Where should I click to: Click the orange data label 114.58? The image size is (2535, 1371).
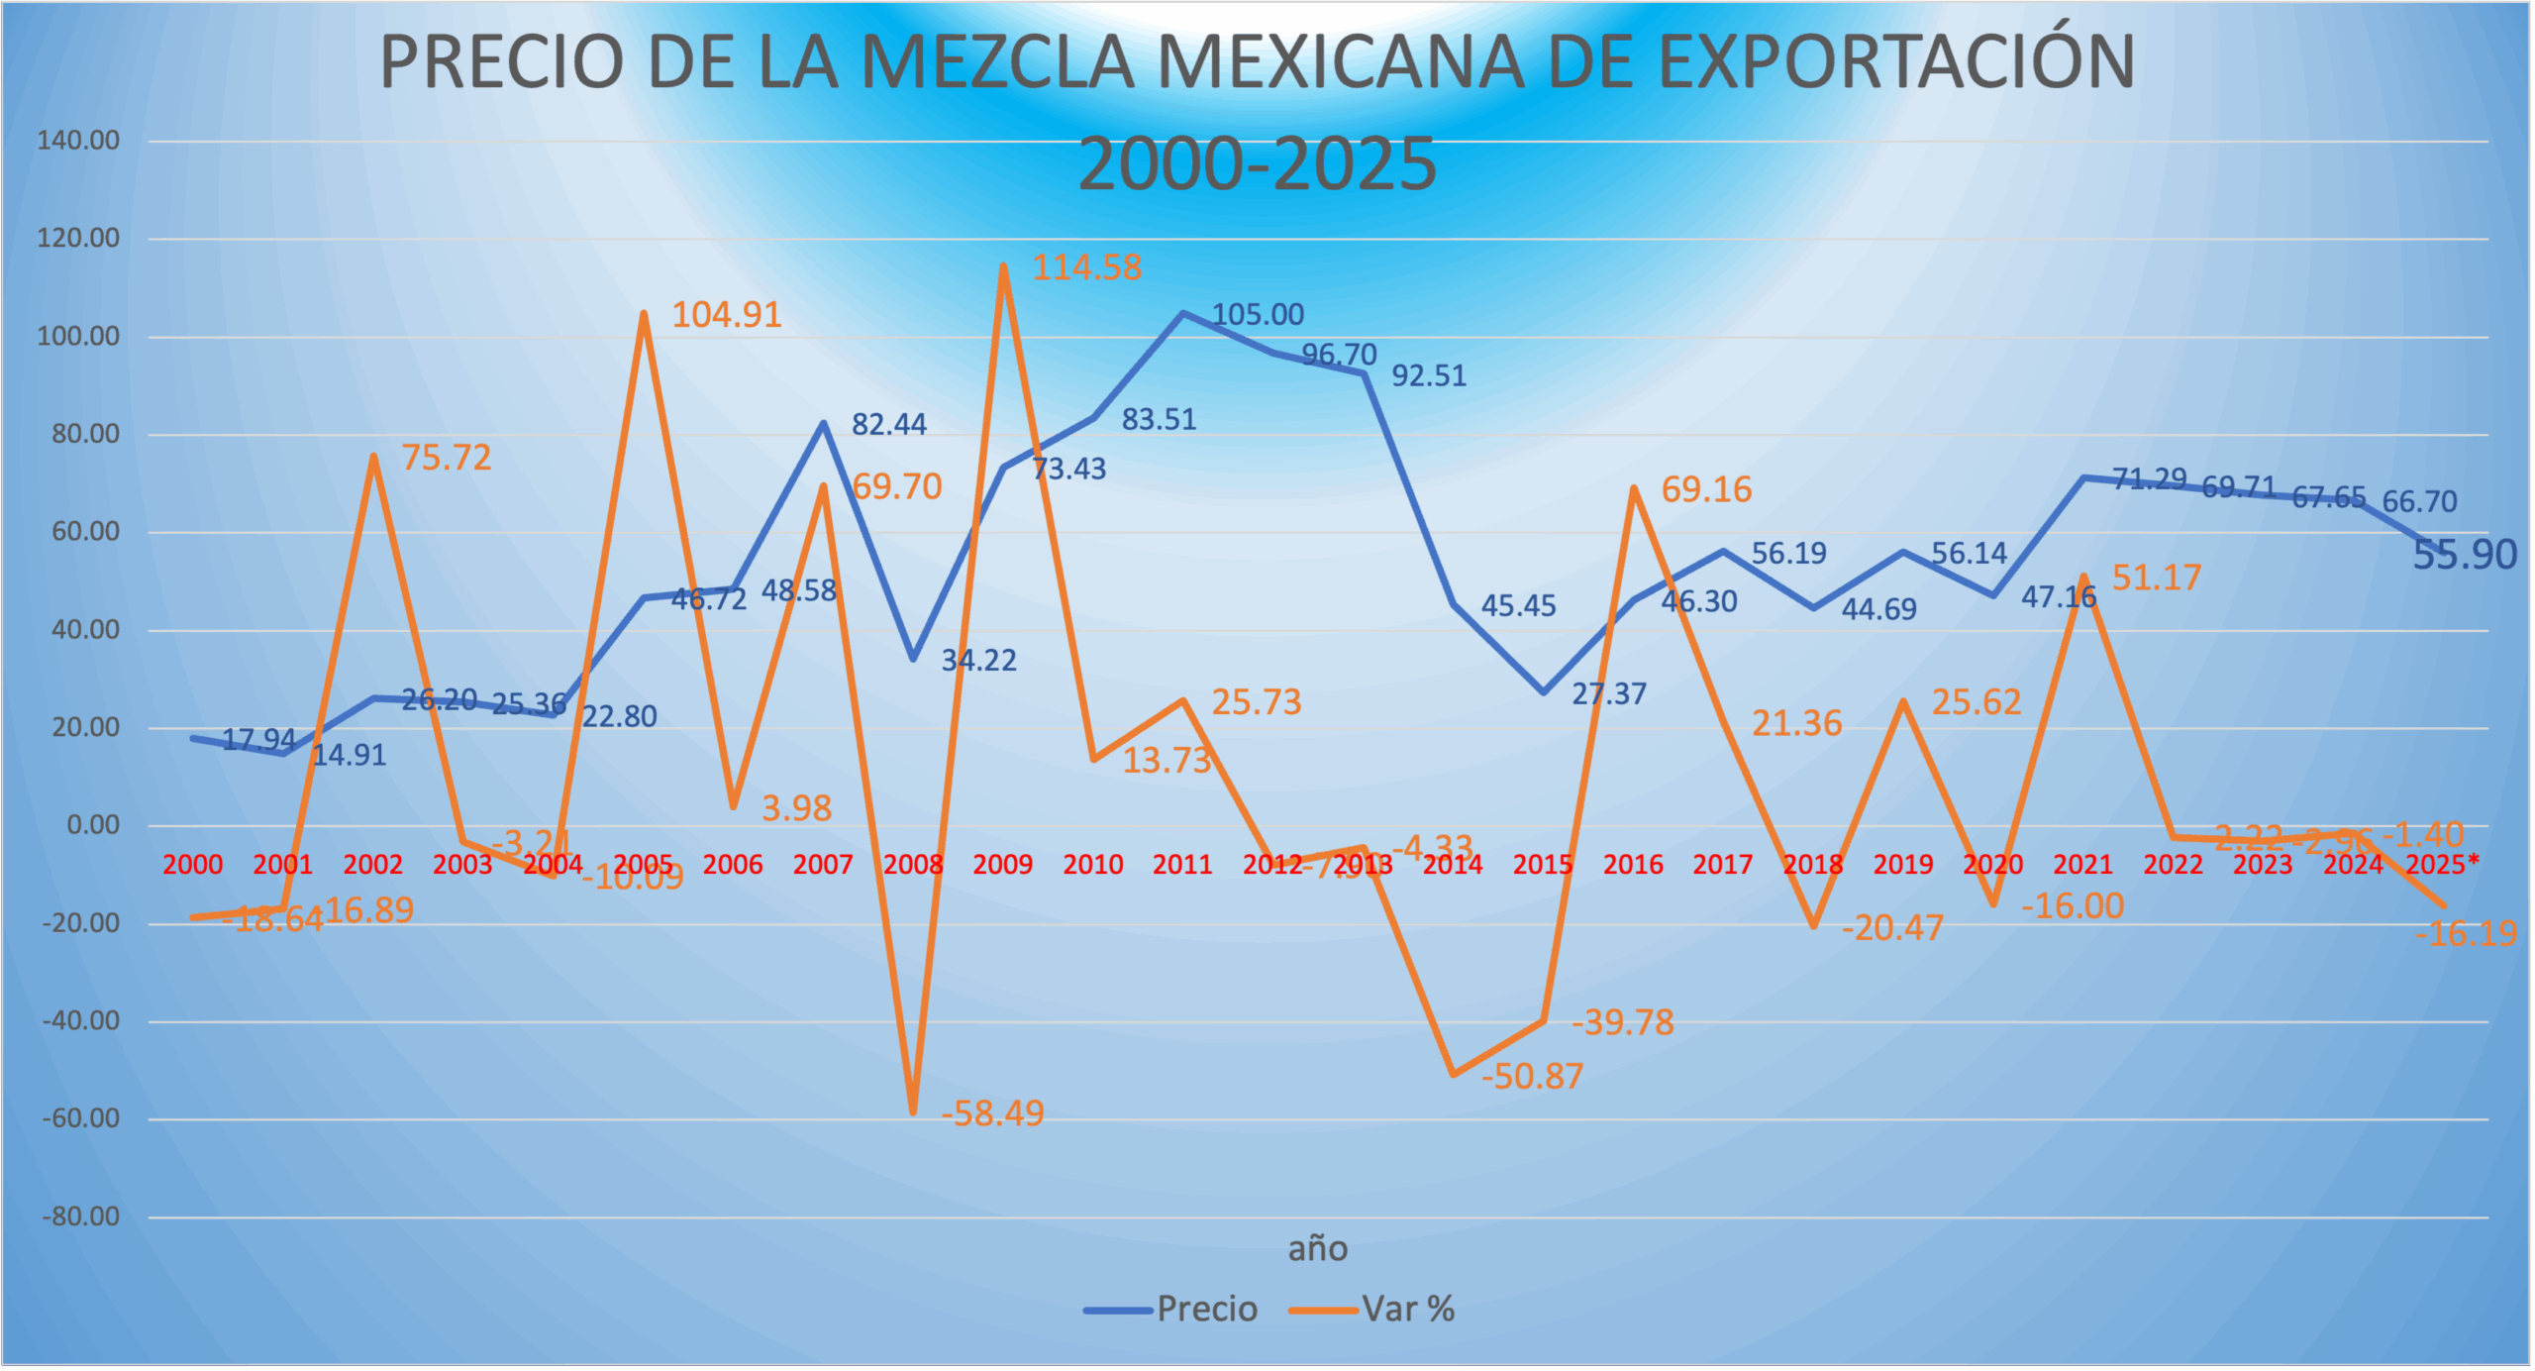click(x=1086, y=267)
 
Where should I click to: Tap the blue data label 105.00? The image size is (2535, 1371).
click(x=1258, y=315)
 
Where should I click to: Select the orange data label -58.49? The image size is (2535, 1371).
click(x=992, y=1114)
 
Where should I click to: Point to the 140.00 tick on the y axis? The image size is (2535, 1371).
click(x=78, y=141)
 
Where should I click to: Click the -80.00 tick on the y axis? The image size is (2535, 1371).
click(x=80, y=1217)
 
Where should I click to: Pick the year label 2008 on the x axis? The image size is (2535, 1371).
click(x=912, y=866)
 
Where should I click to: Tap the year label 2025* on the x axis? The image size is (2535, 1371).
click(x=2442, y=866)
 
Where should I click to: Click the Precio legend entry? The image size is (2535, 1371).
click(x=1206, y=1310)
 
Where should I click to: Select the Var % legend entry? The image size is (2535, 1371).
click(x=1407, y=1310)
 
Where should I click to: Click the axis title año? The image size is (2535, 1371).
click(x=1317, y=1250)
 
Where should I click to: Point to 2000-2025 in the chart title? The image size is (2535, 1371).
click(x=1257, y=164)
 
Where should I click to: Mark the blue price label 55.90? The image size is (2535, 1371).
click(x=2464, y=556)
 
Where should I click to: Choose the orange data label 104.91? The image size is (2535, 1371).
click(x=727, y=315)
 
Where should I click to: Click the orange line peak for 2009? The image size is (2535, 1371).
click(x=1003, y=266)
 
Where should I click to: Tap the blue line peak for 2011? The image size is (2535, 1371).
click(x=1182, y=313)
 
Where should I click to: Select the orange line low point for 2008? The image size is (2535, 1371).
click(x=913, y=1112)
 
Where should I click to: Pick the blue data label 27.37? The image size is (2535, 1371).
click(x=1609, y=694)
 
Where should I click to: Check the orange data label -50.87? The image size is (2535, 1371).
click(x=1532, y=1077)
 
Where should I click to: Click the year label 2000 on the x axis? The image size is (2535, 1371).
click(x=192, y=866)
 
